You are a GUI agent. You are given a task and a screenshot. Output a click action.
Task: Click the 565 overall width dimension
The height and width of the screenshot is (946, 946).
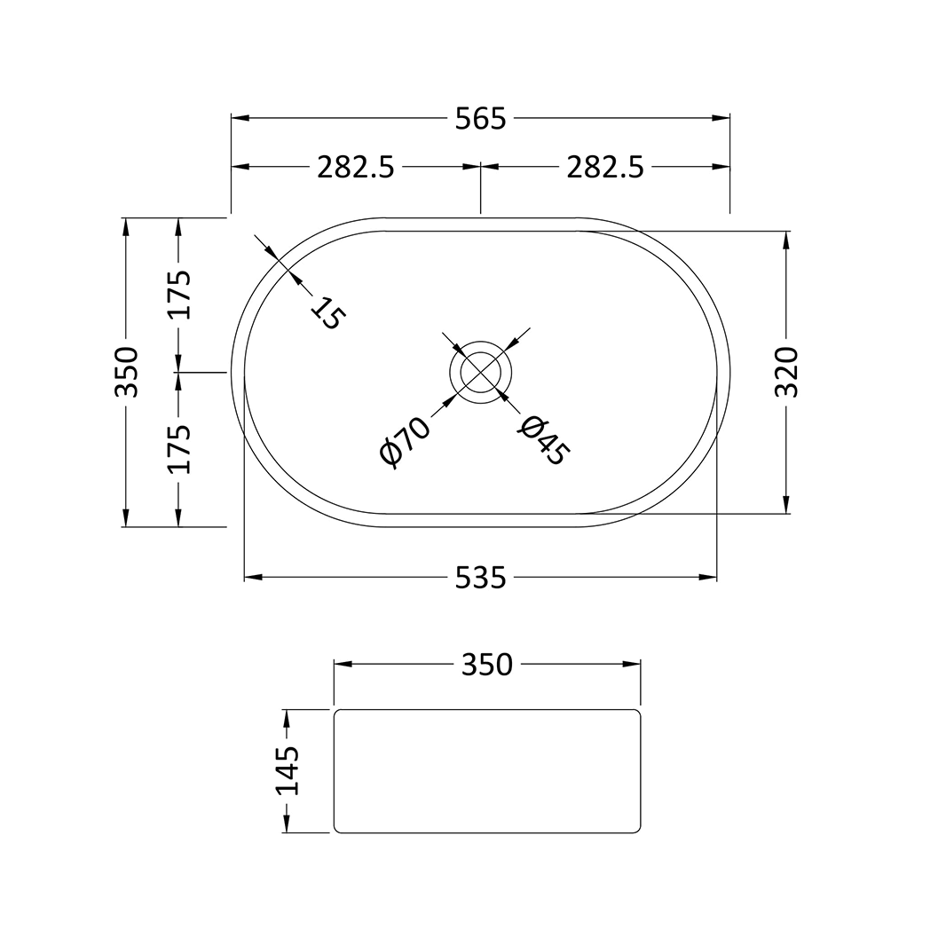click(480, 118)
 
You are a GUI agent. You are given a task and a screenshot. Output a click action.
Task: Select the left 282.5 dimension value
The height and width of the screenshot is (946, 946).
click(356, 167)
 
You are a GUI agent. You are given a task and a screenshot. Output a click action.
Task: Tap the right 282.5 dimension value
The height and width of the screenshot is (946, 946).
click(605, 167)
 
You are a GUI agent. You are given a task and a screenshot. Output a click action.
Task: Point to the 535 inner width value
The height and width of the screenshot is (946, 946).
click(480, 578)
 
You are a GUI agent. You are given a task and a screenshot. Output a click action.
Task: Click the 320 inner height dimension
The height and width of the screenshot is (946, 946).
click(786, 372)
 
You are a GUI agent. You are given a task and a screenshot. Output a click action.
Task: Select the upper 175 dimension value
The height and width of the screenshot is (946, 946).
click(179, 294)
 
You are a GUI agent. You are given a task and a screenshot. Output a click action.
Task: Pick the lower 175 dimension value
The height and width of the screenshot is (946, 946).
click(179, 448)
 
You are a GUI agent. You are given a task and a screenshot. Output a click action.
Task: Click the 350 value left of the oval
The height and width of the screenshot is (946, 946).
click(127, 372)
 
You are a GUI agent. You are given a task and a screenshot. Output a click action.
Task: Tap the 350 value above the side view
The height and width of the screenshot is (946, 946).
click(487, 664)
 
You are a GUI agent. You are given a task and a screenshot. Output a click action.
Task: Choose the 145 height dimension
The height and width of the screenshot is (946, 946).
click(287, 770)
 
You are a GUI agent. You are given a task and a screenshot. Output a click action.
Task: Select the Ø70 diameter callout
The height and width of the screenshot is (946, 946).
click(405, 440)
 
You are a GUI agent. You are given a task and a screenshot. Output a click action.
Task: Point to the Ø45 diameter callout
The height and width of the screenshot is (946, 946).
click(542, 440)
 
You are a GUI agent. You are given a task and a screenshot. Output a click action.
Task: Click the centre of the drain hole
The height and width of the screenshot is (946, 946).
click(480, 372)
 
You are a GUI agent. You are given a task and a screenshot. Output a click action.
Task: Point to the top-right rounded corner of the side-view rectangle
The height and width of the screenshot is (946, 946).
click(636, 713)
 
